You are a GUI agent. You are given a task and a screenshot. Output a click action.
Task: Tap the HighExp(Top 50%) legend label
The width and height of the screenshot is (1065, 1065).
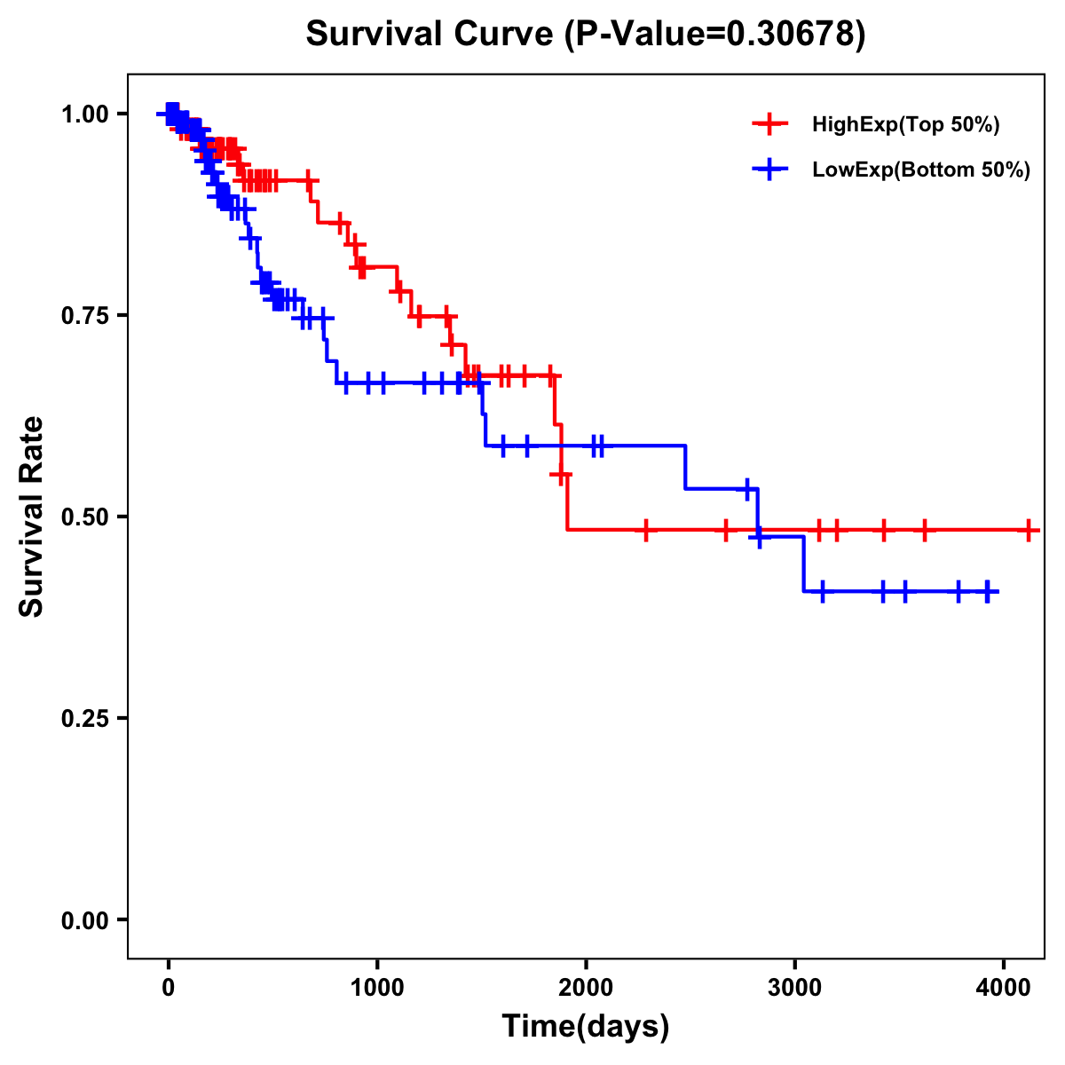coord(905,125)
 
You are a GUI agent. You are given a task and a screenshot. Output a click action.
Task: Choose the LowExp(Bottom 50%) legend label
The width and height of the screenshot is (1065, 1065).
coord(921,170)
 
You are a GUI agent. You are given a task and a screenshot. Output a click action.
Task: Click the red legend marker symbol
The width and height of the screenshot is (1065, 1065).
coord(769,125)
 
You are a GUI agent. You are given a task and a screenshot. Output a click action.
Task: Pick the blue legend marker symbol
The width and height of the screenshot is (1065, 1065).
coord(769,170)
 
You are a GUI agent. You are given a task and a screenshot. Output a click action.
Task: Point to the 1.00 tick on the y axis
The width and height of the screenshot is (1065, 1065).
coord(84,114)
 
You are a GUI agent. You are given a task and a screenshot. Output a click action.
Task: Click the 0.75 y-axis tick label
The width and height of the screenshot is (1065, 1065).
coord(84,315)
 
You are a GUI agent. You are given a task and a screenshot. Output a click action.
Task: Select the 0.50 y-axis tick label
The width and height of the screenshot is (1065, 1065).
coord(84,517)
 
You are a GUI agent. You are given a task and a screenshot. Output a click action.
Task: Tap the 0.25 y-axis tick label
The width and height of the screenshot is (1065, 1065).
coord(84,718)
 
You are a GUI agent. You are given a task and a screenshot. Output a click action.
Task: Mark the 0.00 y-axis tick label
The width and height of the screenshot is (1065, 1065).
coord(84,919)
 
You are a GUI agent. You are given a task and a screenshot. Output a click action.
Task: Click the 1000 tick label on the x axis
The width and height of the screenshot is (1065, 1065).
coord(377,986)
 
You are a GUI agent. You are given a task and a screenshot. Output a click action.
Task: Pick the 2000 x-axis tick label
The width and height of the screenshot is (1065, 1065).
coord(586,986)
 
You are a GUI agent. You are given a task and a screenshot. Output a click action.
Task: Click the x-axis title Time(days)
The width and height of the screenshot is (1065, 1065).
coord(586,1027)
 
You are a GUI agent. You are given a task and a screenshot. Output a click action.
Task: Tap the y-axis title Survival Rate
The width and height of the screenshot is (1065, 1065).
coord(32,517)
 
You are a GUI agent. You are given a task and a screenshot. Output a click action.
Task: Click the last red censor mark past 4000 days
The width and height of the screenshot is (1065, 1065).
coord(1029,531)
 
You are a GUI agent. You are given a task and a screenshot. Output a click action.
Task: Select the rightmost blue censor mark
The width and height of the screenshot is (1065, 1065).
coord(988,592)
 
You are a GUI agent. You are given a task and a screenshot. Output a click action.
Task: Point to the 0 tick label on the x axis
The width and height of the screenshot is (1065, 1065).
coord(169,986)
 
